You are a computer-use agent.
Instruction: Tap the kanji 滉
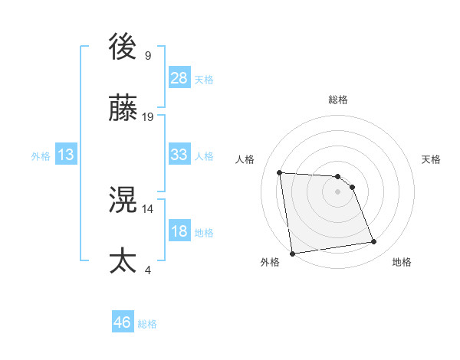point(123,201)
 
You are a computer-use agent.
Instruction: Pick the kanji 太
point(123,261)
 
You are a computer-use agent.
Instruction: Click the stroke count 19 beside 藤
point(148,117)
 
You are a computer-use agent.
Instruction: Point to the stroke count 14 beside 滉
point(148,208)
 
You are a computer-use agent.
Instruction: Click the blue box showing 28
point(179,78)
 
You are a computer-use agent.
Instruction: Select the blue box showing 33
point(179,155)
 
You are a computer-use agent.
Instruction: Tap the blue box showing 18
point(179,231)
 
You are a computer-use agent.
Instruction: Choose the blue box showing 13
point(66,155)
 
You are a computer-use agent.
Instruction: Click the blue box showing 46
point(123,323)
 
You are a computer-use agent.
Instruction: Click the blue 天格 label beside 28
point(204,80)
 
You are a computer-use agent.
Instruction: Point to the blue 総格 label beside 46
point(147,325)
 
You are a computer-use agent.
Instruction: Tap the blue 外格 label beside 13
point(41,156)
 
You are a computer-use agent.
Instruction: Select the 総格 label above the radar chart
point(337,100)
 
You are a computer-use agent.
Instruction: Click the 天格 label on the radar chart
point(431,159)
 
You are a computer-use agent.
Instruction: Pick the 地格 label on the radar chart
point(402,262)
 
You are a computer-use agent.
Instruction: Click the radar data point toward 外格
point(291,254)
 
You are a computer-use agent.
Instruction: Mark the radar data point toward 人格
point(280,172)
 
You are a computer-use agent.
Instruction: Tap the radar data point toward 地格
point(373,242)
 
